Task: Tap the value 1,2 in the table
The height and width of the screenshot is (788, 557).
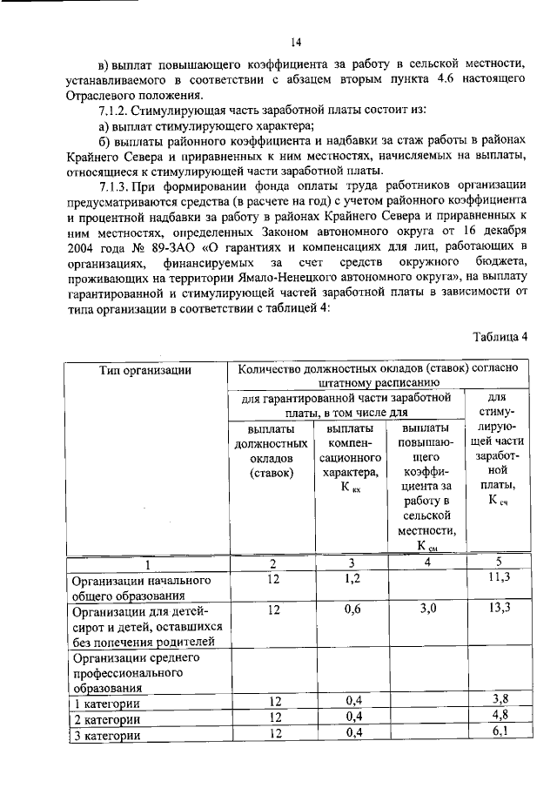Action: (x=352, y=578)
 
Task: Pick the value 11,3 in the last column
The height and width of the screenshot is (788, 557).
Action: (x=499, y=578)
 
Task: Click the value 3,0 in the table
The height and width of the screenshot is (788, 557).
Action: (x=426, y=610)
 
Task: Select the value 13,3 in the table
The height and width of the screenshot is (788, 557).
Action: (x=499, y=610)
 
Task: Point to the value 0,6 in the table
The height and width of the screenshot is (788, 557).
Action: (x=352, y=610)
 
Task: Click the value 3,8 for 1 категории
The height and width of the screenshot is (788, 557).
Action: (x=499, y=700)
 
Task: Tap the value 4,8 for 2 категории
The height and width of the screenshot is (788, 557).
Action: (x=499, y=717)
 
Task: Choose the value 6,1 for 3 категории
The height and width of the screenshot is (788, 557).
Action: (x=499, y=733)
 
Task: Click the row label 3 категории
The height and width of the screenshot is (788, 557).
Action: (x=106, y=735)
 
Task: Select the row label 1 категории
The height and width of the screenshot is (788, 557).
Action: (x=106, y=703)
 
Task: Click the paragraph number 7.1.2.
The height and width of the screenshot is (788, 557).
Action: (x=119, y=111)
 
